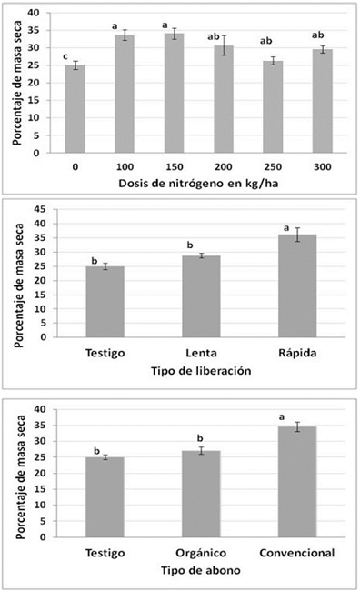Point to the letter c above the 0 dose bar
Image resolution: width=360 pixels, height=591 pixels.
point(65,57)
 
